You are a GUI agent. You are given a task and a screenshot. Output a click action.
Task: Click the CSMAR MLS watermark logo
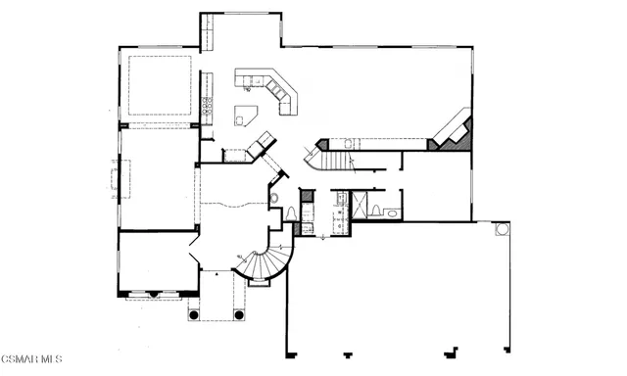[30, 359]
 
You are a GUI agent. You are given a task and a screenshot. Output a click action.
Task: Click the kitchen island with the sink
[241, 117]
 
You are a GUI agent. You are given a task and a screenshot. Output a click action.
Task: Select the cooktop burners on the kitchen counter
[208, 105]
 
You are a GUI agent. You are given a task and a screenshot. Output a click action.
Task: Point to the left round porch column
[194, 315]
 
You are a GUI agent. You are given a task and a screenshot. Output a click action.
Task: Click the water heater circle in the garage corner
[502, 229]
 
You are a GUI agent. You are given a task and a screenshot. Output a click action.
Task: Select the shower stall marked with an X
[373, 206]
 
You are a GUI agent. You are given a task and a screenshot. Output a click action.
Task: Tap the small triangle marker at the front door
[215, 276]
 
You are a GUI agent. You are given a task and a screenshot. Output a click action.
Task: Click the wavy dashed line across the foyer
[235, 205]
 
